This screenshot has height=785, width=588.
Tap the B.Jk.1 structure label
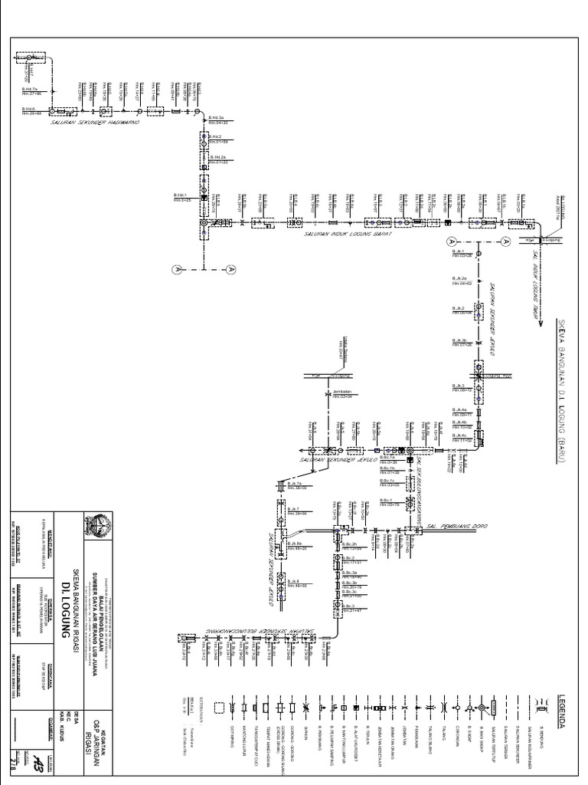(460, 252)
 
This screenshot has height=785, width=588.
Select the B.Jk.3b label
(459, 341)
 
